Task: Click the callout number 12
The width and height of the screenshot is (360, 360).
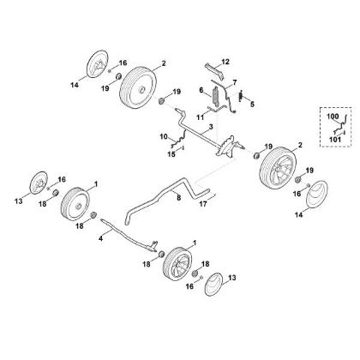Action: click(x=225, y=62)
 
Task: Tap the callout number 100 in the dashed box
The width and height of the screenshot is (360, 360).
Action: click(x=333, y=117)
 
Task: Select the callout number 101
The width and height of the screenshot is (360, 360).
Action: click(x=335, y=140)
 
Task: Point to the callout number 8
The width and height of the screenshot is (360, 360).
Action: click(x=179, y=197)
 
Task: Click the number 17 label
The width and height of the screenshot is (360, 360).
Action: click(x=203, y=204)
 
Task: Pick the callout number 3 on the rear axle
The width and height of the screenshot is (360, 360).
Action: click(x=211, y=127)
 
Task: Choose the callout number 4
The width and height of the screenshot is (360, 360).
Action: click(x=100, y=238)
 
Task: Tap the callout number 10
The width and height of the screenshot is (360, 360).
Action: click(x=164, y=136)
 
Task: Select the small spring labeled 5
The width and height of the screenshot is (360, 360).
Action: click(x=241, y=95)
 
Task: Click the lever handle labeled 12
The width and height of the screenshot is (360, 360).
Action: click(x=215, y=71)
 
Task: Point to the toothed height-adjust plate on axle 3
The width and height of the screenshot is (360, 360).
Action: click(x=227, y=147)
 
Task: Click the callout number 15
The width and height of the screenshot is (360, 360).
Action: click(x=171, y=154)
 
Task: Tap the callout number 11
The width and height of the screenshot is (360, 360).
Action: click(x=201, y=117)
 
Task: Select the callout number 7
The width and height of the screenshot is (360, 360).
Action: click(x=235, y=83)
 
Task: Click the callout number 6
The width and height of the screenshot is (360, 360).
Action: click(x=201, y=90)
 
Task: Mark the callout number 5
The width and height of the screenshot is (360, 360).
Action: click(x=252, y=105)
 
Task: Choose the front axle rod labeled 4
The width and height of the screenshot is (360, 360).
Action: click(x=129, y=234)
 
